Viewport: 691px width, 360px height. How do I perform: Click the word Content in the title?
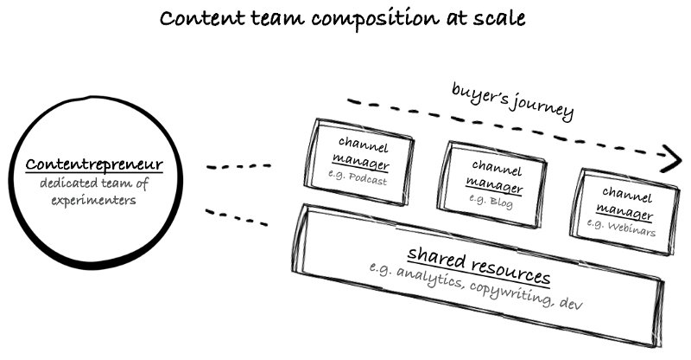click(x=195, y=18)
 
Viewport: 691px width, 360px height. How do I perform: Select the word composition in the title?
click(x=364, y=20)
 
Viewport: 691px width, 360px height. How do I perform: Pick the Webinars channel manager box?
click(x=623, y=202)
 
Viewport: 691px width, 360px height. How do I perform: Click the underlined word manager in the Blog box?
click(x=494, y=183)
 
